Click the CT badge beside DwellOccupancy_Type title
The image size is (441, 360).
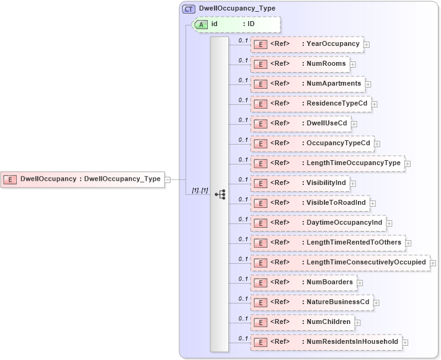(189, 9)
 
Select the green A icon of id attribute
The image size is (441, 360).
(202, 24)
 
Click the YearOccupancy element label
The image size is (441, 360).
(333, 44)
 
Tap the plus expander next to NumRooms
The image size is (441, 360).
(353, 64)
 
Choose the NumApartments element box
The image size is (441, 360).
(307, 84)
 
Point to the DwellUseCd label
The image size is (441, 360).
(327, 124)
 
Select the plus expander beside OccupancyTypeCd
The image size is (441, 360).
(377, 143)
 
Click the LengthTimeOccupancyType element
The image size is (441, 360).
(327, 163)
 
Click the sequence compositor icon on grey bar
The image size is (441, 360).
(220, 194)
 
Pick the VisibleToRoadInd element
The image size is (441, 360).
(310, 203)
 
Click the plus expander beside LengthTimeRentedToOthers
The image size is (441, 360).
(408, 243)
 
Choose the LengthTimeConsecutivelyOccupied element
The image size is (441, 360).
(340, 263)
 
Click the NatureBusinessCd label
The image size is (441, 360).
(338, 302)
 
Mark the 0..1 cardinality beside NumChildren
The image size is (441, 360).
(243, 318)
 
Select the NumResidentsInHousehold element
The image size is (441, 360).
(326, 342)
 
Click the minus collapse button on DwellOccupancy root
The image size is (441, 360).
(167, 179)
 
